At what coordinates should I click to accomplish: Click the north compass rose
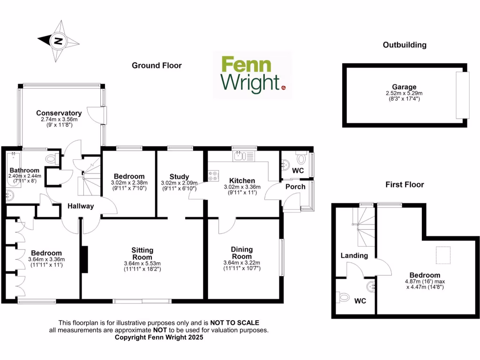pyautogui.click(x=59, y=41)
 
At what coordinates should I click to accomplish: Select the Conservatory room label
pyautogui.click(x=59, y=113)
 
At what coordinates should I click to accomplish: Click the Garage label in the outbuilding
pyautogui.click(x=405, y=87)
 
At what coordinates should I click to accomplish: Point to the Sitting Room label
pyautogui.click(x=142, y=254)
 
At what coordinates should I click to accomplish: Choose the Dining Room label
pyautogui.click(x=242, y=253)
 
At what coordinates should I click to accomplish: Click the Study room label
pyautogui.click(x=179, y=176)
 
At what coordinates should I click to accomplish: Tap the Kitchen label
pyautogui.click(x=242, y=180)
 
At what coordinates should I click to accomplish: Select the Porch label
pyautogui.click(x=295, y=187)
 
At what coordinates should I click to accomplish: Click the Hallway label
pyautogui.click(x=81, y=206)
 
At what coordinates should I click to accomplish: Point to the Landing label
pyautogui.click(x=354, y=255)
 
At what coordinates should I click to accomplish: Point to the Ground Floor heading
pyautogui.click(x=157, y=66)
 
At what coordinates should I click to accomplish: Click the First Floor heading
pyautogui.click(x=405, y=185)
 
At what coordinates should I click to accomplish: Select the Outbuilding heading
pyautogui.click(x=405, y=45)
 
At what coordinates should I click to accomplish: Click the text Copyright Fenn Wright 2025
pyautogui.click(x=159, y=337)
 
